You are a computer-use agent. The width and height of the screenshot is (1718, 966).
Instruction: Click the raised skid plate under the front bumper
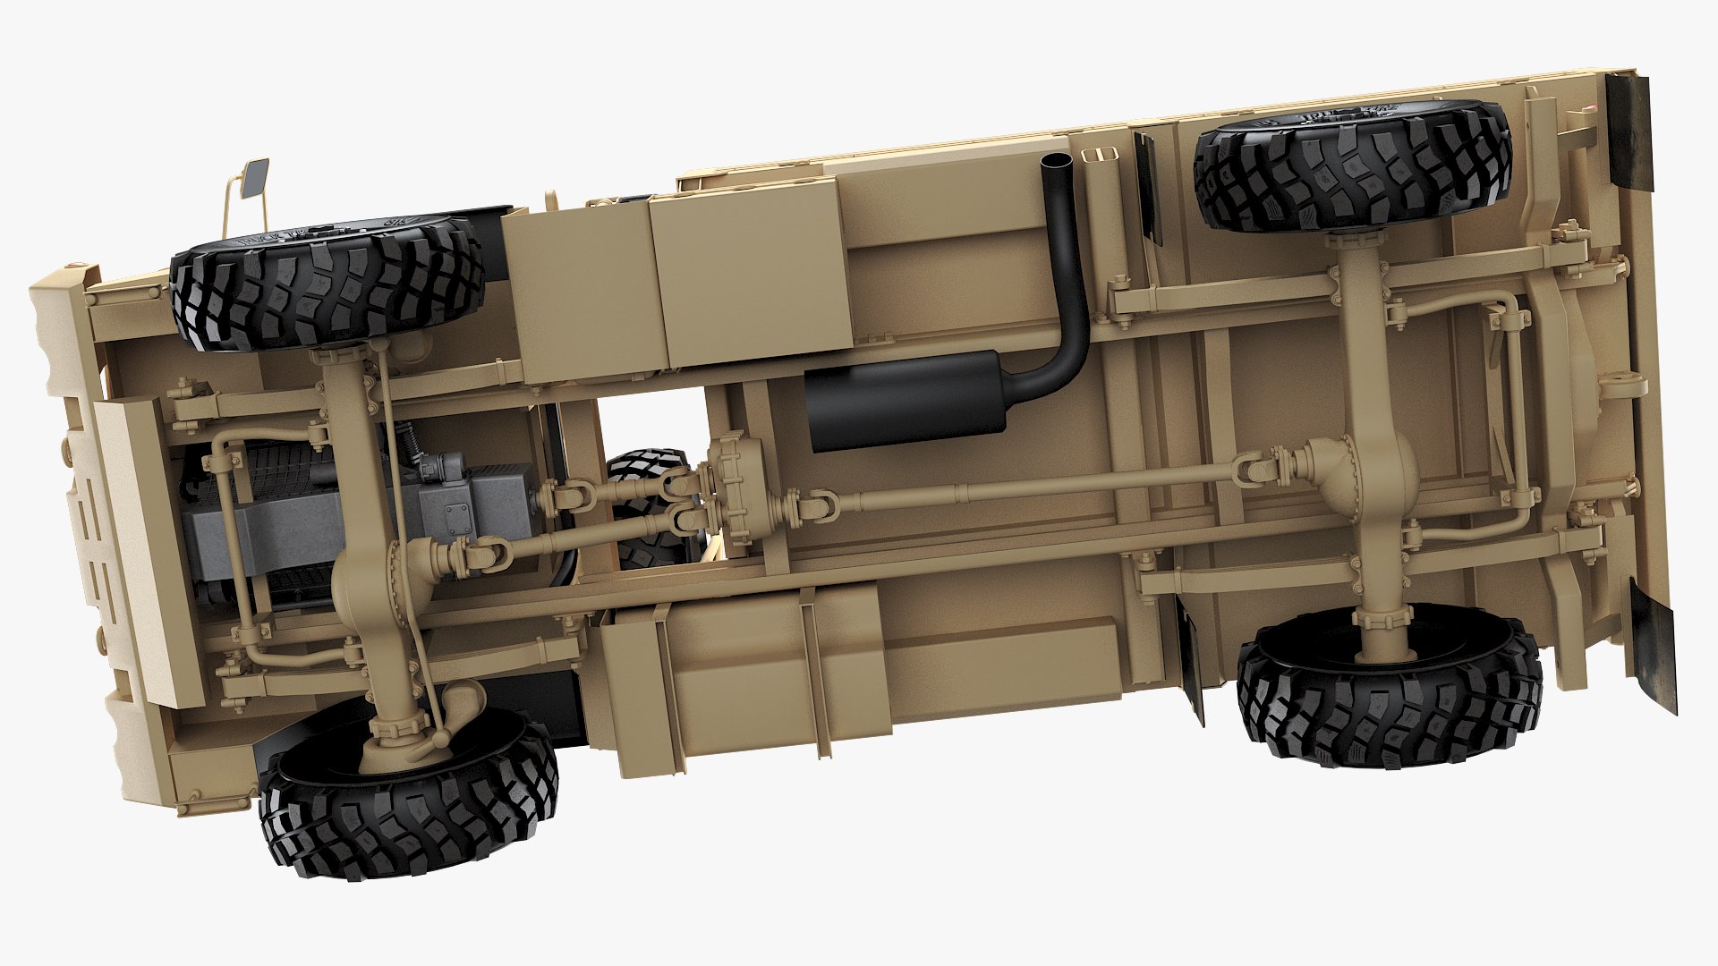(x=143, y=550)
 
